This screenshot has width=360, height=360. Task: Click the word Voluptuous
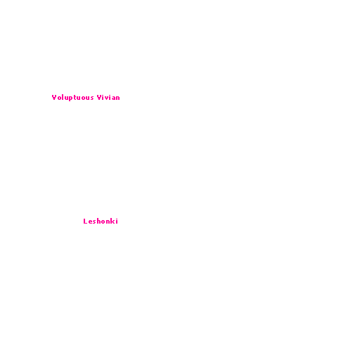(x=72, y=98)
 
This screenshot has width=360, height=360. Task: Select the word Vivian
(x=108, y=97)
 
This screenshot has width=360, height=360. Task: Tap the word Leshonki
(x=101, y=221)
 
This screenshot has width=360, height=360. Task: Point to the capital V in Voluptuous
(x=54, y=97)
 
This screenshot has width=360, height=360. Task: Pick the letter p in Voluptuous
(x=70, y=98)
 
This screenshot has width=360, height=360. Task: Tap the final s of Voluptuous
(x=91, y=98)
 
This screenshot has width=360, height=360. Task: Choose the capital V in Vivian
(x=99, y=97)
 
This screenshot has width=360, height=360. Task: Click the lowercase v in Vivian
(x=106, y=98)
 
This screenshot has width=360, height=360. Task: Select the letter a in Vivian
(x=113, y=98)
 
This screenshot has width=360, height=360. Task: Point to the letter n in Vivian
(x=117, y=98)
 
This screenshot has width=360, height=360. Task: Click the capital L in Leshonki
(x=85, y=221)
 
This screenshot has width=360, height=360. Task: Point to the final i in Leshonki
(x=117, y=221)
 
